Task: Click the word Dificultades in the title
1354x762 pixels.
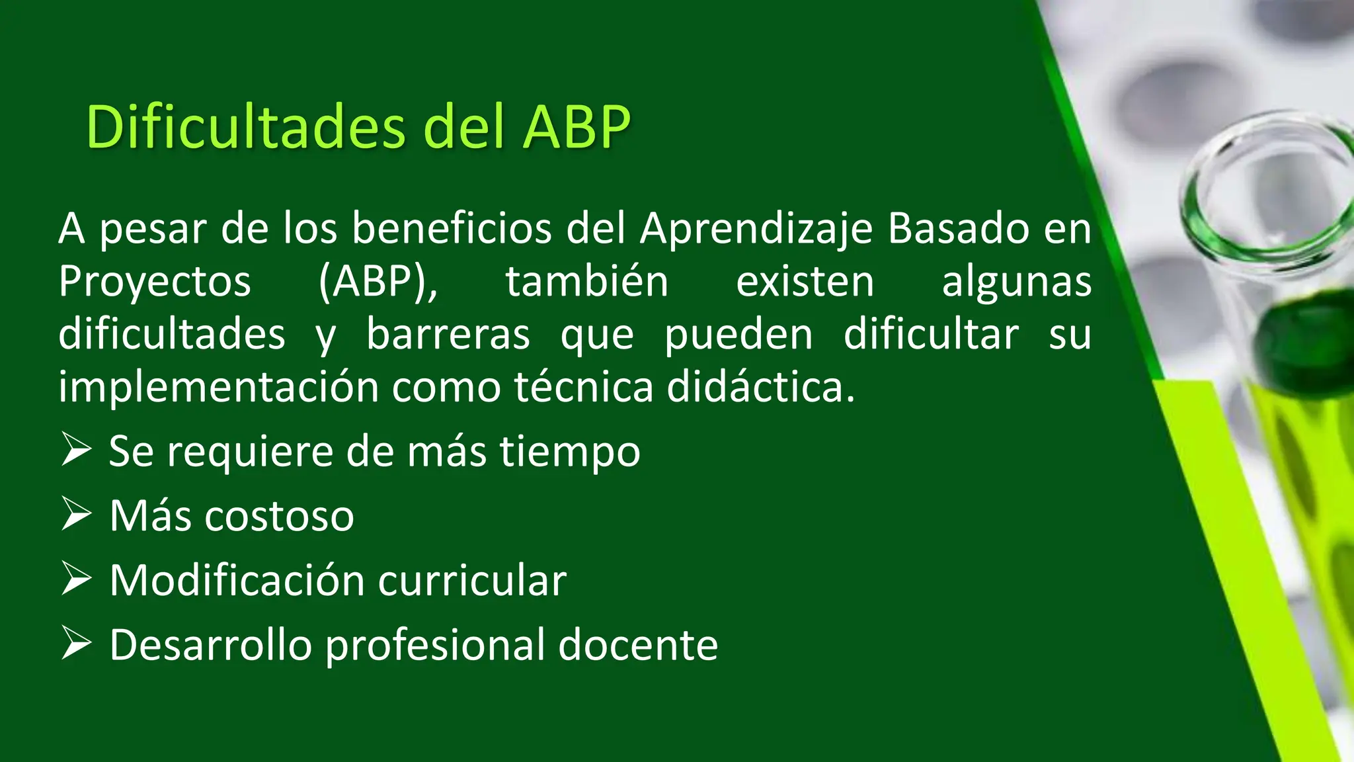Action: [245, 126]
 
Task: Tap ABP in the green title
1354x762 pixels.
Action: [577, 126]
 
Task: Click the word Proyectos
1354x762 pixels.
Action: [155, 282]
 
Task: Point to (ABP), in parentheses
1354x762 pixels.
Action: [378, 282]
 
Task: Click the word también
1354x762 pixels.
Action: [587, 282]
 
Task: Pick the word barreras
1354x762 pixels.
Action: [448, 334]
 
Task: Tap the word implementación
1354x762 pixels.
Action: [218, 387]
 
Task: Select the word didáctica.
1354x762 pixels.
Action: [760, 387]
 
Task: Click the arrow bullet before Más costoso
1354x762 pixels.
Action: [76, 514]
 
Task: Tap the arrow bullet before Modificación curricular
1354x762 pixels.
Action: [76, 578]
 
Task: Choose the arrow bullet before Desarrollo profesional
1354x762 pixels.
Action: [76, 643]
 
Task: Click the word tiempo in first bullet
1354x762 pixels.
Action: [569, 452]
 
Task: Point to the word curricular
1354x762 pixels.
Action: [472, 581]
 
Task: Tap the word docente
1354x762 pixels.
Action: [638, 645]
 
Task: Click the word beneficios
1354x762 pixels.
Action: [452, 229]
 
